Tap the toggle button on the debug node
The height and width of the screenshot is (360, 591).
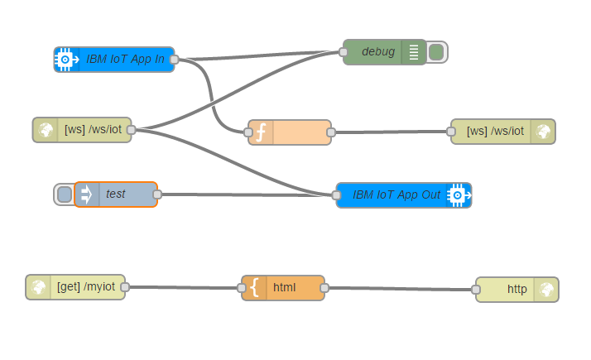(x=436, y=52)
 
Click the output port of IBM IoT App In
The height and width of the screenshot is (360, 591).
(x=174, y=60)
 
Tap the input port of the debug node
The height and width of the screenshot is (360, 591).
(x=344, y=51)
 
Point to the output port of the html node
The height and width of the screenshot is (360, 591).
(x=324, y=288)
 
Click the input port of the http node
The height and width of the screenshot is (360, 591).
(x=476, y=290)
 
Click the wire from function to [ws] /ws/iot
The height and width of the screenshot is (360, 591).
(x=389, y=132)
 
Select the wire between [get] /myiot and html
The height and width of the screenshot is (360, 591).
(x=182, y=288)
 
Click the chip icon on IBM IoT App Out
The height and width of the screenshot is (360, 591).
(x=456, y=195)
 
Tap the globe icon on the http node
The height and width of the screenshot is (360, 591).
(x=545, y=289)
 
